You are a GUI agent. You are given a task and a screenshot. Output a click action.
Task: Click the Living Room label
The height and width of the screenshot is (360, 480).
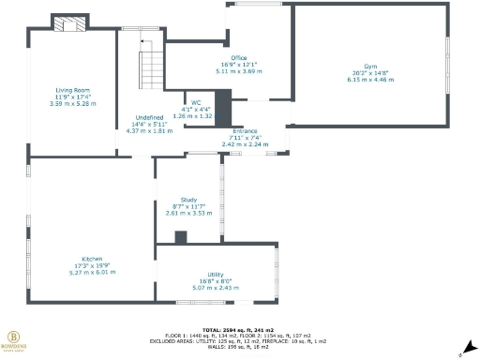click(x=72, y=90)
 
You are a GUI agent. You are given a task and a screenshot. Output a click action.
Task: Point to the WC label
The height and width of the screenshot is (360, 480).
click(x=196, y=102)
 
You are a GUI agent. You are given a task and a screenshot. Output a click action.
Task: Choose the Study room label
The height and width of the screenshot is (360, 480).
click(x=188, y=200)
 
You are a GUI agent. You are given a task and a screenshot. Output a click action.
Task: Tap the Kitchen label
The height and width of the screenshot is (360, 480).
click(x=91, y=259)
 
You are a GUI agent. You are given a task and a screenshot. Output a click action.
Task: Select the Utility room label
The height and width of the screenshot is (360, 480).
click(x=215, y=274)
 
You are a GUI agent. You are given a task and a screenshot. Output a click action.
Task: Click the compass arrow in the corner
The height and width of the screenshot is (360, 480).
click(x=460, y=352)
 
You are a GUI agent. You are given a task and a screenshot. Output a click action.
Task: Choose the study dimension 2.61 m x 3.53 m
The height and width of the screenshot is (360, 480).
click(x=188, y=213)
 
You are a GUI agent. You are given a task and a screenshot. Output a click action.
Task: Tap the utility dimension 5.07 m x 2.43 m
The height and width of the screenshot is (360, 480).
click(x=215, y=286)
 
